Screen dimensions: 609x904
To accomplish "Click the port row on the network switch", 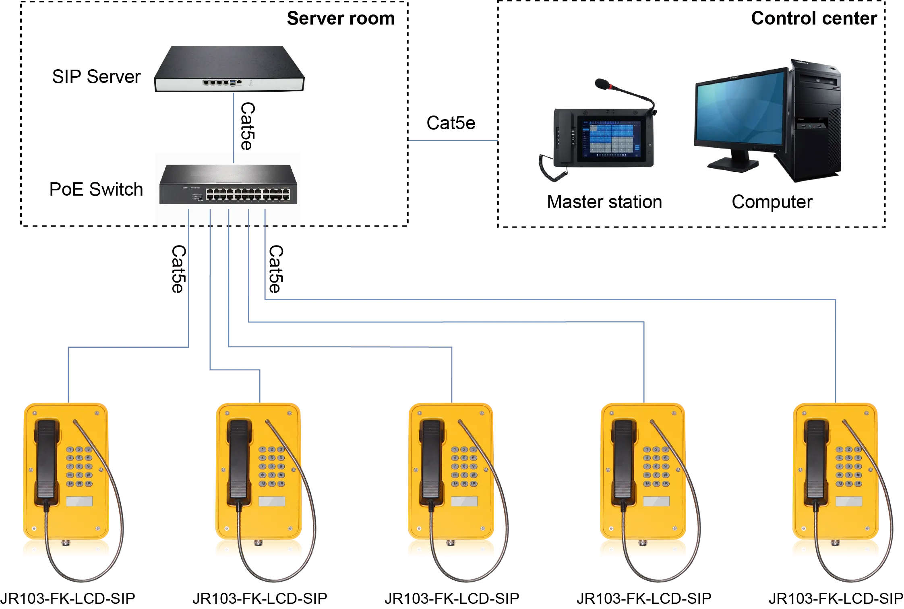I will pos(248,194).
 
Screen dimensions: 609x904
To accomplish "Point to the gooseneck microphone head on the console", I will pos(602,84).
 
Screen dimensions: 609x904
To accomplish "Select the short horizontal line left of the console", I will pos(453,140).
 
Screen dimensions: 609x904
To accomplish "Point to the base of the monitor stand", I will pos(733,164).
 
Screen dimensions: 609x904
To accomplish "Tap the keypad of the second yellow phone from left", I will pos(272,467).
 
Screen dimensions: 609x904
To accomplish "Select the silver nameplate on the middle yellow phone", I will pos(464,501).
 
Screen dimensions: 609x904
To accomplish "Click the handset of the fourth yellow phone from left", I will pos(623,459).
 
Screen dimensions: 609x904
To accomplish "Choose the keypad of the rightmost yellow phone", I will pos(848,467).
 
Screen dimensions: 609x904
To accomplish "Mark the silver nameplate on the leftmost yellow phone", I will pos(79,501).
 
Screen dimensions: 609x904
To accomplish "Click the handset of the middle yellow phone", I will pos(431,459).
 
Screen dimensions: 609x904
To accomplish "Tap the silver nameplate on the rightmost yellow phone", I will pos(849,501).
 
